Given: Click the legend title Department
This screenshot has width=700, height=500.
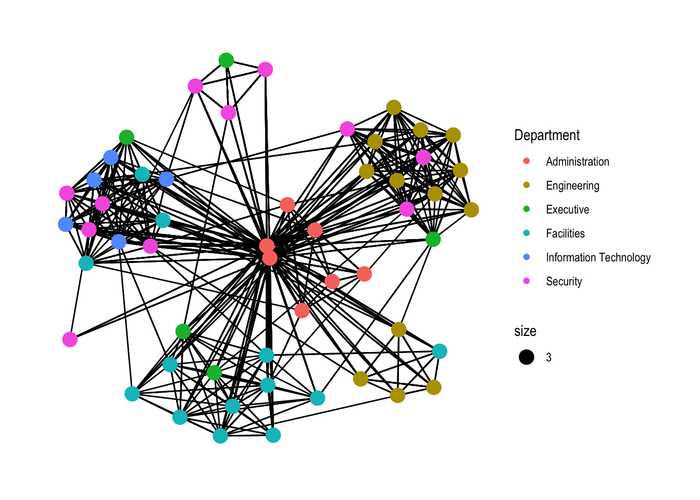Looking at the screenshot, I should (x=546, y=135).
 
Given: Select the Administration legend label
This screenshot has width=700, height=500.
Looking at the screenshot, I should (x=577, y=162).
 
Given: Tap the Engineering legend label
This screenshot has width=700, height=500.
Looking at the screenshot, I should (x=572, y=186).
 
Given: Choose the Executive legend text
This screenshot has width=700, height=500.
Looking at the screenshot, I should (x=567, y=210).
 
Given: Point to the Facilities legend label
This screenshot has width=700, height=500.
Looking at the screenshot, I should (x=565, y=234).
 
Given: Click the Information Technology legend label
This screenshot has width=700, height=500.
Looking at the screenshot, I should (x=598, y=258).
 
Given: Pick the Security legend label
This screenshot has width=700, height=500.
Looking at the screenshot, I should (x=564, y=282).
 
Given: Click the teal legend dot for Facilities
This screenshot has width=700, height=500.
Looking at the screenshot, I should (x=527, y=233).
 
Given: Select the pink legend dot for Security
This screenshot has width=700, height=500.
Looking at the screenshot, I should (x=527, y=281).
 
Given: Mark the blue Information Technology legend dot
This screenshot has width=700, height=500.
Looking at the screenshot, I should (x=527, y=257).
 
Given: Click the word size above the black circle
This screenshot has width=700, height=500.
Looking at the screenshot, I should (x=525, y=331).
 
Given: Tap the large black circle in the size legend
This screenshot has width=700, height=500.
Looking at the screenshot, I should (x=527, y=357).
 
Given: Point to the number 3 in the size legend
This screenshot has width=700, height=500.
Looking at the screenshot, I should (x=548, y=358).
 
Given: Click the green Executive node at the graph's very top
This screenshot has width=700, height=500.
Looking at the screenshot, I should (x=226, y=60).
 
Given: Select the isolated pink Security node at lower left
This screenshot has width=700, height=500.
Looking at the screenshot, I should (x=70, y=340).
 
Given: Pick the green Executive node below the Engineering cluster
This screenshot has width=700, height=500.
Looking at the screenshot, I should (x=433, y=239).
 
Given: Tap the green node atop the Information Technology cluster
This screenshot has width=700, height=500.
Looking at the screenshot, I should (x=127, y=137).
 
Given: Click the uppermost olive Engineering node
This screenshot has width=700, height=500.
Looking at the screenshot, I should (x=394, y=108).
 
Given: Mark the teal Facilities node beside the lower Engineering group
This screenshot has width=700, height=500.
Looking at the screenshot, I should (x=440, y=352).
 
